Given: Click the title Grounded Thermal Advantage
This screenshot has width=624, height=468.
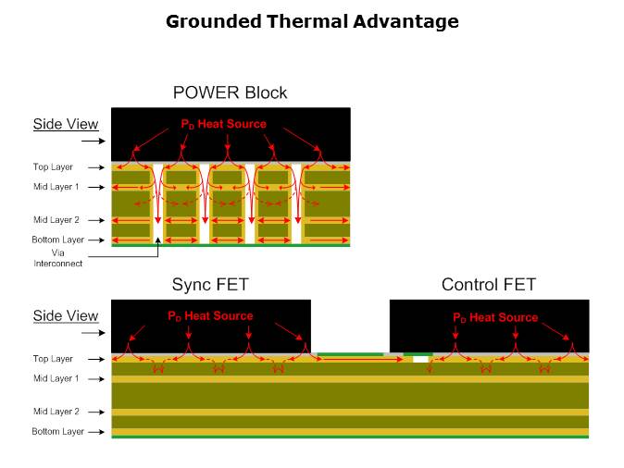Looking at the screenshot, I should (312, 20).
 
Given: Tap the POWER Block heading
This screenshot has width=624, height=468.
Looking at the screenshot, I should (230, 92).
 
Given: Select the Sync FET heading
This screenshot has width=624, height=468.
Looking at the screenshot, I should (210, 285).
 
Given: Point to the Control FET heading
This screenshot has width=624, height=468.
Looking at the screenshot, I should (488, 285).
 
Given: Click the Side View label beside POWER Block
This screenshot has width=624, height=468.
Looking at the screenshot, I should (65, 124).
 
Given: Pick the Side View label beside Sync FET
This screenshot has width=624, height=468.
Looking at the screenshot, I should (65, 316).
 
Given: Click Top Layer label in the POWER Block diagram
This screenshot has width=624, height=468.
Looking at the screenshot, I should (54, 167).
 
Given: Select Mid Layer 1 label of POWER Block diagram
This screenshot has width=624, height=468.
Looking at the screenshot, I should (56, 187).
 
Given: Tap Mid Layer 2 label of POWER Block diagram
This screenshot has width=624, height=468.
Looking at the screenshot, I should (56, 220).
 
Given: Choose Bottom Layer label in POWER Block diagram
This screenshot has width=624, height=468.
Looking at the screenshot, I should (57, 240).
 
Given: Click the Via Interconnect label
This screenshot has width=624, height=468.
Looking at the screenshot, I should (57, 257).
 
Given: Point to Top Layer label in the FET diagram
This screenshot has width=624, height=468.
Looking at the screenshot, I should (53, 359).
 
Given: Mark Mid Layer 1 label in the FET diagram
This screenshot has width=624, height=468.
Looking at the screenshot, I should (56, 378).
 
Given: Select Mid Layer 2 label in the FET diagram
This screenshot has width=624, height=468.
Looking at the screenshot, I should (56, 412).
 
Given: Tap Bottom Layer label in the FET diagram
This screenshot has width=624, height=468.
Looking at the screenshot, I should (57, 431).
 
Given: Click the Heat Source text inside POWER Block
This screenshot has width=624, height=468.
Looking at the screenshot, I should (223, 124).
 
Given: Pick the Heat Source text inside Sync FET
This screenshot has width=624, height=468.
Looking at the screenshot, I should (210, 315).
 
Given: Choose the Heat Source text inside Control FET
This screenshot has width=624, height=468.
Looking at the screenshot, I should (495, 317).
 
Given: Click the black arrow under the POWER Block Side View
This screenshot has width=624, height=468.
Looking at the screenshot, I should (93, 142).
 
